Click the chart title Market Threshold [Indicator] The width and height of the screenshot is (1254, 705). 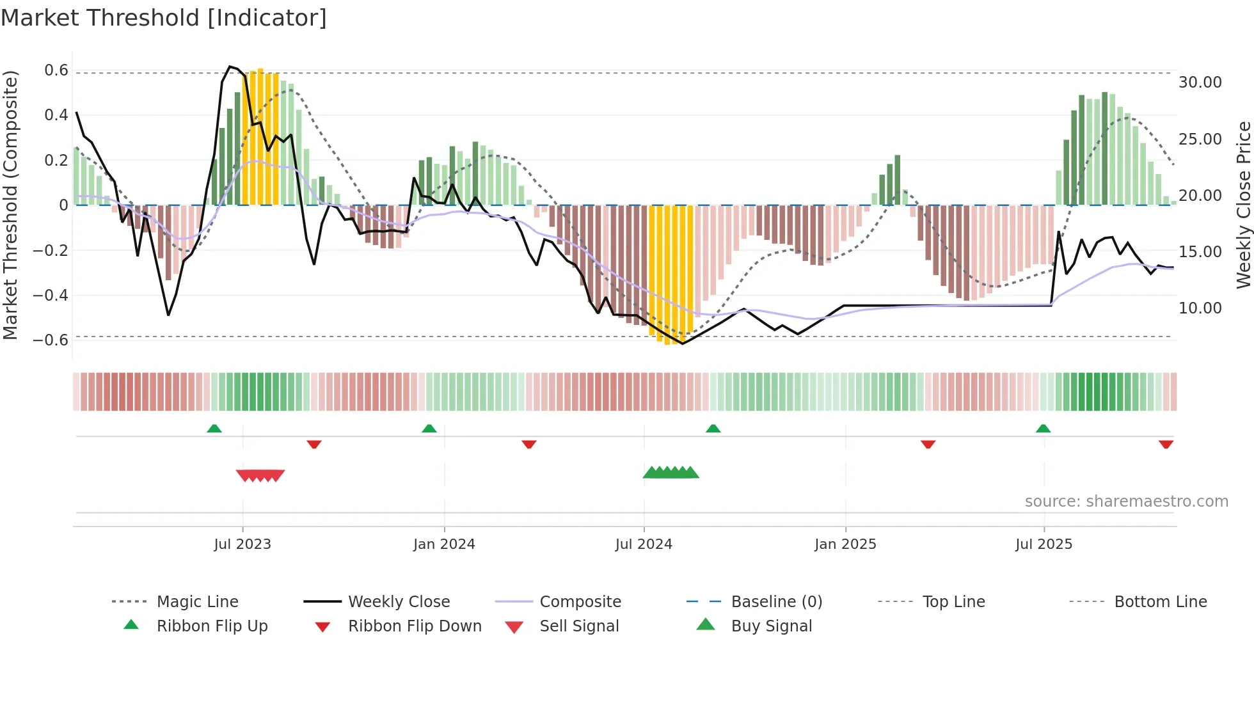[164, 18]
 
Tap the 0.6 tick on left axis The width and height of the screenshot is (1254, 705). [56, 70]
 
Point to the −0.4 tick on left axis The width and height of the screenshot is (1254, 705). [51, 295]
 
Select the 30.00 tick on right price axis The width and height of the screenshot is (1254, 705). [1200, 83]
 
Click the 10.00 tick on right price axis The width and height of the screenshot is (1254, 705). [1200, 308]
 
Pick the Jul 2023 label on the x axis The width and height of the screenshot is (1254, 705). [242, 544]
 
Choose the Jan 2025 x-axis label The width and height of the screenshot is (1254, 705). [845, 544]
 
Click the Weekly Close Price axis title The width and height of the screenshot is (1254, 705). [1243, 205]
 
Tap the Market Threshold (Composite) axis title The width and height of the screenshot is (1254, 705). [10, 205]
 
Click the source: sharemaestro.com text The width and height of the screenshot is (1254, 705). [1126, 502]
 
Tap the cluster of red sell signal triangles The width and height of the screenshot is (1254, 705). [260, 475]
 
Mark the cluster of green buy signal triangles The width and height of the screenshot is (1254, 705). [671, 473]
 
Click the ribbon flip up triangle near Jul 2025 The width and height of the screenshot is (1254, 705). [1044, 429]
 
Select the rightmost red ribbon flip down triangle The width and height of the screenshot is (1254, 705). [1166, 444]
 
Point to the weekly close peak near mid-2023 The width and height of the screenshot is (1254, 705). [230, 67]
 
